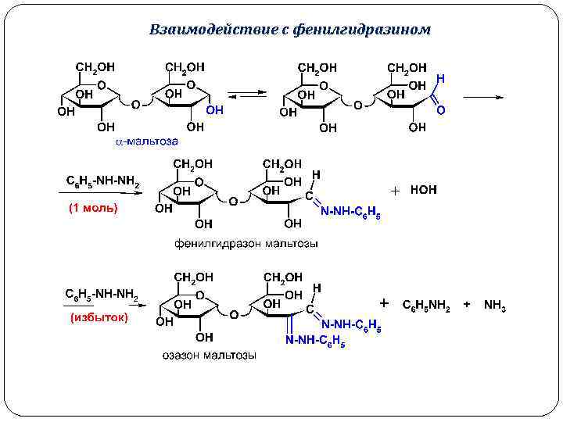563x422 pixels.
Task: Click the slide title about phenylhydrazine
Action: pos(289,30)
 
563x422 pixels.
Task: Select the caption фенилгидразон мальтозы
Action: pos(246,244)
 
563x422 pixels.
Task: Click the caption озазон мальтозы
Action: pos(209,356)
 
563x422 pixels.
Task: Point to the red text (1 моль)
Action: pos(93,208)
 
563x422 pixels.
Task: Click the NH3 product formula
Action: pos(495,306)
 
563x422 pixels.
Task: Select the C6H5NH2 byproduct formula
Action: pos(425,306)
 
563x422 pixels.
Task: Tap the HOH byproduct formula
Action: pos(424,190)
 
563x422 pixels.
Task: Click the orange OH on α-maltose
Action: pos(214,111)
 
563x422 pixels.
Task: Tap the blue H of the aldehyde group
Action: pos(440,79)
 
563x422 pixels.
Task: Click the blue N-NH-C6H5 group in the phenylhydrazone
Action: pos(350,212)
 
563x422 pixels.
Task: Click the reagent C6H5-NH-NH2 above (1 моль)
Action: pos(102,183)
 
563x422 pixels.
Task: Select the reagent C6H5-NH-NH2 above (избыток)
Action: pos(102,294)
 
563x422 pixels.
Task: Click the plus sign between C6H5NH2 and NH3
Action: pos(467,305)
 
